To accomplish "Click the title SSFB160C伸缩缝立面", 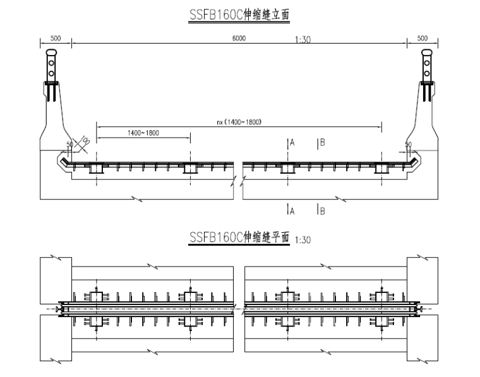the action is pyautogui.click(x=239, y=13).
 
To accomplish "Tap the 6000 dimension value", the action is pyautogui.click(x=239, y=39).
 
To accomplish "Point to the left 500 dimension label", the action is pyautogui.click(x=56, y=39).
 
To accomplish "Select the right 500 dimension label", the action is pyautogui.click(x=423, y=39).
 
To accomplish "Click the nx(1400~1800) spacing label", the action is pyautogui.click(x=238, y=121).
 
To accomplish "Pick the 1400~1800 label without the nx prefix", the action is pyautogui.click(x=142, y=133).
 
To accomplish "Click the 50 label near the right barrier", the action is pyautogui.click(x=408, y=144).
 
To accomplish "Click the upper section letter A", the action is pyautogui.click(x=292, y=143).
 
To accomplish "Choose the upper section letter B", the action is pyautogui.click(x=322, y=143).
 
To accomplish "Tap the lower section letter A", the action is pyautogui.click(x=292, y=211).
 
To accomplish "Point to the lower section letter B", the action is pyautogui.click(x=322, y=211).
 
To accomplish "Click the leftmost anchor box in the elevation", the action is pyautogui.click(x=95, y=168).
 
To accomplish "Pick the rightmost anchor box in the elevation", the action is pyautogui.click(x=381, y=168).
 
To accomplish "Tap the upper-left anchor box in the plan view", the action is pyautogui.click(x=95, y=296).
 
